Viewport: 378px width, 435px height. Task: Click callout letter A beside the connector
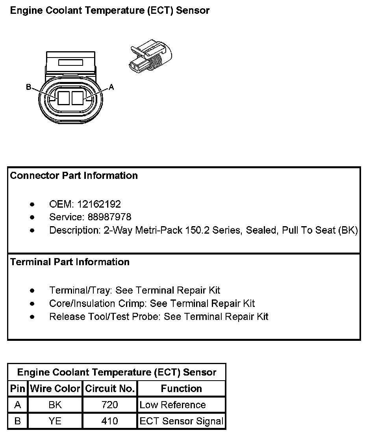(x=111, y=87)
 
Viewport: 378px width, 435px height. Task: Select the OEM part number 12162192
(x=99, y=204)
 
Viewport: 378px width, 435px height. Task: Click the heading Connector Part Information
(x=74, y=176)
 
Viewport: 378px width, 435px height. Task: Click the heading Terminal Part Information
(x=70, y=262)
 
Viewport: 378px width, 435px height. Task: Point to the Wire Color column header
(x=55, y=389)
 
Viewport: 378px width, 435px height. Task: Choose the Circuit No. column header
(x=110, y=389)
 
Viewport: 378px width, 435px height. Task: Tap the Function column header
(x=182, y=389)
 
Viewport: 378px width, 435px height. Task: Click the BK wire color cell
(x=55, y=405)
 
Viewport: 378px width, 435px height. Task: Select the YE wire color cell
(x=55, y=421)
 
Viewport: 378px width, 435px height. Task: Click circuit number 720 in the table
(x=110, y=405)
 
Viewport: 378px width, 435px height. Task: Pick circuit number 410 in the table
(x=110, y=421)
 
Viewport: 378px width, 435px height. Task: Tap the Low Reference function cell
(x=173, y=405)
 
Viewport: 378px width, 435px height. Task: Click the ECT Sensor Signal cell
(x=182, y=421)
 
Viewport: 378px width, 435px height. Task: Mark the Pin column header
(x=17, y=389)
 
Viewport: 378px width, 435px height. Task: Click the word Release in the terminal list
(x=64, y=316)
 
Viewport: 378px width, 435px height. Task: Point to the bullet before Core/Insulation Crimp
(x=32, y=304)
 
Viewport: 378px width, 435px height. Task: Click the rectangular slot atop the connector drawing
(x=70, y=62)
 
